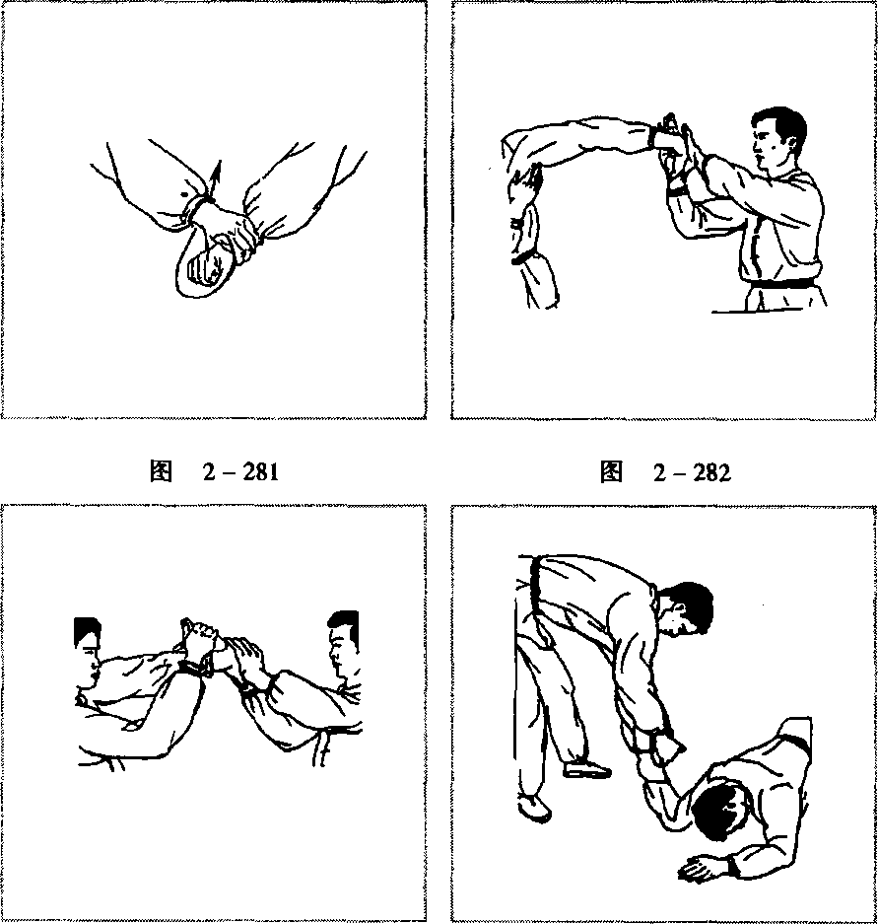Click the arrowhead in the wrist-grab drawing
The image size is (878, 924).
tap(218, 171)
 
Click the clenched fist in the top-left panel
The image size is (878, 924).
tap(203, 268)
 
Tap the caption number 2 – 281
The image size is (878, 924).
tap(240, 471)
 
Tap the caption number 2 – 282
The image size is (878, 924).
tap(692, 472)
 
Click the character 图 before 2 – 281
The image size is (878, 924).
tap(161, 471)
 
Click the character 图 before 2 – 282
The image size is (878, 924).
tap(611, 472)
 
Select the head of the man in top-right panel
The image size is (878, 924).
tap(778, 140)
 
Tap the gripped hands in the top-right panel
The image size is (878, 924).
tap(677, 147)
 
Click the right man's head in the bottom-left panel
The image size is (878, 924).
tap(343, 644)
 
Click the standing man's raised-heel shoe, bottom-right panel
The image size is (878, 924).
tap(587, 768)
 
